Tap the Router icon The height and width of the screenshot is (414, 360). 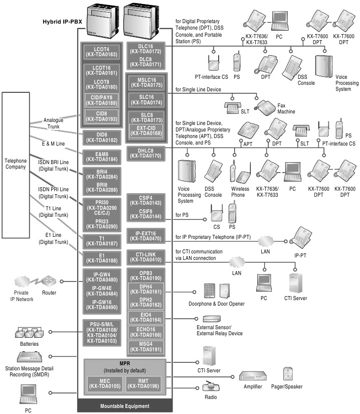pyautogui.click(x=49, y=281)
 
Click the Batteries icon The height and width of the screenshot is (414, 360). pyautogui.click(x=30, y=332)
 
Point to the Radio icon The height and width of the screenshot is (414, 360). pyautogui.click(x=210, y=387)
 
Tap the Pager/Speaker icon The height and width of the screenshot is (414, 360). pyautogui.click(x=288, y=374)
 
